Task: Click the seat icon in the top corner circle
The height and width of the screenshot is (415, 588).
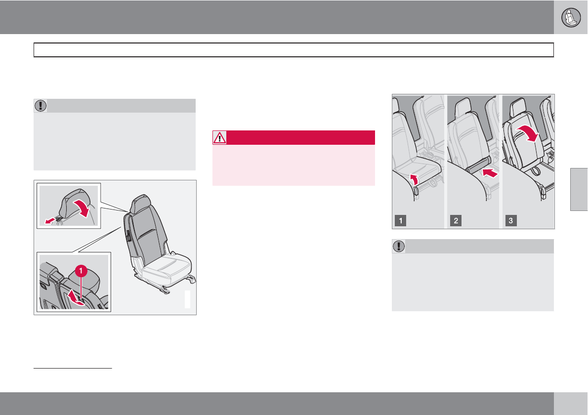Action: pyautogui.click(x=571, y=17)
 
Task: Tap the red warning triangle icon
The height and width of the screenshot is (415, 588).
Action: pyautogui.click(x=219, y=137)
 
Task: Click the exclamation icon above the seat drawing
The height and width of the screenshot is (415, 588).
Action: pyautogui.click(x=41, y=106)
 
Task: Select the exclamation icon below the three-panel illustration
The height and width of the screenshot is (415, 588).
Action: pyautogui.click(x=399, y=246)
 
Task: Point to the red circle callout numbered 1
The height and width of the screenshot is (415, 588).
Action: pyautogui.click(x=81, y=270)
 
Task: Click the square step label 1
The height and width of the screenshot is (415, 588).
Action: pyautogui.click(x=401, y=220)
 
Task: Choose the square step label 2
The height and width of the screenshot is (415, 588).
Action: pyautogui.click(x=456, y=220)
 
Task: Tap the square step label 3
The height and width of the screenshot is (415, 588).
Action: pyautogui.click(x=511, y=220)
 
